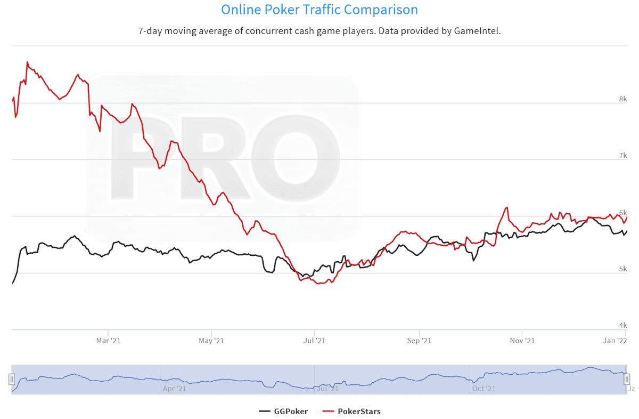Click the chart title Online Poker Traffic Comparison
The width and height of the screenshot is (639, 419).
(x=319, y=10)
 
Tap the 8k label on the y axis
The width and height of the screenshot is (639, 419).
(x=622, y=99)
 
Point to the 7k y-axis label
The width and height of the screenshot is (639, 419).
(x=622, y=156)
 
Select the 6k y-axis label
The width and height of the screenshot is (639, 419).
(x=622, y=212)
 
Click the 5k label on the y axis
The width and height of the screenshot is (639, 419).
(x=622, y=269)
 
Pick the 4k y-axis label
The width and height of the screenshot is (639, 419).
(x=622, y=326)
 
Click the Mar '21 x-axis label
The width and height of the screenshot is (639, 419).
(x=108, y=340)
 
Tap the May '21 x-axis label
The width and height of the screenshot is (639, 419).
(x=211, y=340)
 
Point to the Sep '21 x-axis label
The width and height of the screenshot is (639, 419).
(x=419, y=340)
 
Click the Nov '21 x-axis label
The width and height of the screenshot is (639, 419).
(x=522, y=340)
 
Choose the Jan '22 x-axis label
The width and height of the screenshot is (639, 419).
(x=618, y=340)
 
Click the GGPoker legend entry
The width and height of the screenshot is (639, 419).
(x=283, y=411)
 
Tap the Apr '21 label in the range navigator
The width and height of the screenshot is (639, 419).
(x=174, y=389)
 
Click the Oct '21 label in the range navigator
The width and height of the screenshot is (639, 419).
(x=484, y=389)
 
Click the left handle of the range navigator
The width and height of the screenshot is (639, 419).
(x=11, y=379)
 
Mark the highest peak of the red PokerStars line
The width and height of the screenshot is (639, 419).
(x=27, y=62)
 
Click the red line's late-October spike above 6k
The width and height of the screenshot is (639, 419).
(x=507, y=208)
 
